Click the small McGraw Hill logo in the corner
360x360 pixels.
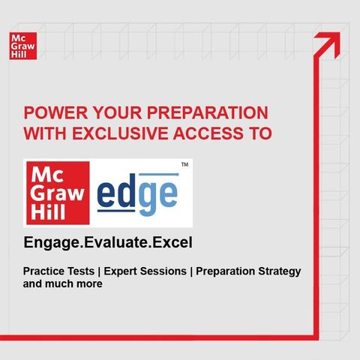pyautogui.click(x=23, y=46)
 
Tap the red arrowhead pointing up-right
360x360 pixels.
pyautogui.click(x=329, y=43)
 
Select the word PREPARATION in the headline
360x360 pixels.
pyautogui.click(x=207, y=112)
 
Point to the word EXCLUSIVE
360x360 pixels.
pyautogui.click(x=120, y=133)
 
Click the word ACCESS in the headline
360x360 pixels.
pyautogui.click(x=208, y=133)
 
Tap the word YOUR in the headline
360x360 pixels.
pyautogui.click(x=117, y=112)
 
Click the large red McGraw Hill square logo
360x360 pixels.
pyautogui.click(x=58, y=193)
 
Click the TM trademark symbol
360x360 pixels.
pyautogui.click(x=184, y=164)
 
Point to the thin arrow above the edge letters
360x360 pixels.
pyautogui.click(x=159, y=175)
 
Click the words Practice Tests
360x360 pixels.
pyautogui.click(x=58, y=271)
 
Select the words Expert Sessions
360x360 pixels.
pyautogui.click(x=145, y=271)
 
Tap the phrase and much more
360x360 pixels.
pyautogui.click(x=63, y=284)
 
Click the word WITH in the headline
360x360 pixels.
pyautogui.click(x=45, y=133)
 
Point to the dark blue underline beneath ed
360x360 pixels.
pyautogui.click(x=116, y=211)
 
